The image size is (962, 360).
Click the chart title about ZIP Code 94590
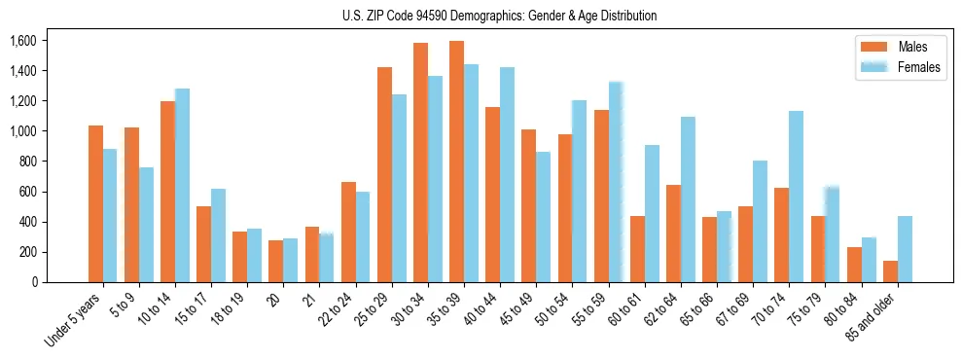tap(500, 16)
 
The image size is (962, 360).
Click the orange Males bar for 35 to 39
tap(456, 162)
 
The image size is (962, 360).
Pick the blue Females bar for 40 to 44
tap(507, 175)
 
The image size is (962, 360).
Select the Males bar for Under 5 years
tap(95, 204)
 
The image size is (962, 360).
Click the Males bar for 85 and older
tap(890, 271)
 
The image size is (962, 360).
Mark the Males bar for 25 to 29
tap(384, 175)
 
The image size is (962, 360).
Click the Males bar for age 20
tap(276, 262)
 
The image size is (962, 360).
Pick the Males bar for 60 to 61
tap(637, 249)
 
